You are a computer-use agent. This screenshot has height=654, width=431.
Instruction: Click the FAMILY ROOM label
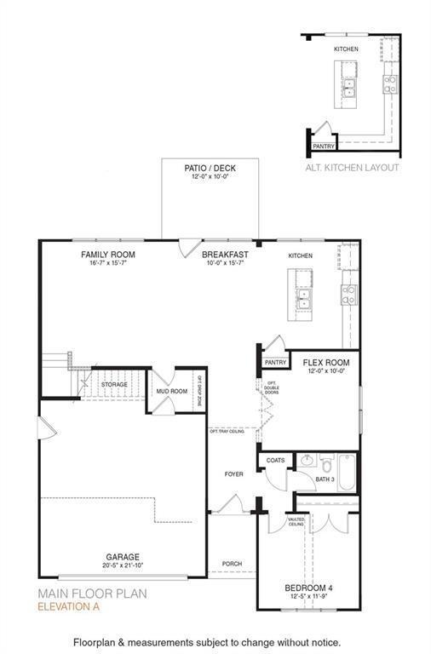pyautogui.click(x=107, y=255)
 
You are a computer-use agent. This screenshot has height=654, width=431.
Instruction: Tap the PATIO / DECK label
pyautogui.click(x=210, y=169)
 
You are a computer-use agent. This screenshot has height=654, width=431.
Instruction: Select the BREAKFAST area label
pyautogui.click(x=225, y=255)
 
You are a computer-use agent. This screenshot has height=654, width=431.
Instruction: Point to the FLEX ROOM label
pyautogui.click(x=326, y=363)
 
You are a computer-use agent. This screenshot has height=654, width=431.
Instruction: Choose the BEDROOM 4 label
pyautogui.click(x=309, y=588)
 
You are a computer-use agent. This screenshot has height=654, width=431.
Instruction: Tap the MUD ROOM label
pyautogui.click(x=171, y=392)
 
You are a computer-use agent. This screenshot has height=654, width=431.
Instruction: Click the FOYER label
pyautogui.click(x=233, y=474)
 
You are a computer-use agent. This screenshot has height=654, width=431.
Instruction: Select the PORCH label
pyautogui.click(x=232, y=564)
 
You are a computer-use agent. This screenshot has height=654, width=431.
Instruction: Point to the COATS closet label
pyautogui.click(x=276, y=461)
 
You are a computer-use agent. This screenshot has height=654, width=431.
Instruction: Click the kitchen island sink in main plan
pyautogui.click(x=304, y=298)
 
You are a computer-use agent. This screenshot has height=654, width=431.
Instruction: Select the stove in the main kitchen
pyautogui.click(x=348, y=295)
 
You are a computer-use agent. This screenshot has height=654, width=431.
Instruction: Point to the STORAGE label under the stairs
pyautogui.click(x=113, y=385)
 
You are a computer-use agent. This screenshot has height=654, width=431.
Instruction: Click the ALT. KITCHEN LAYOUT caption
pyautogui.click(x=352, y=168)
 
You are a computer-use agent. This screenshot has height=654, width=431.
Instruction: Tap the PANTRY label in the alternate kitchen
pyautogui.click(x=323, y=146)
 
